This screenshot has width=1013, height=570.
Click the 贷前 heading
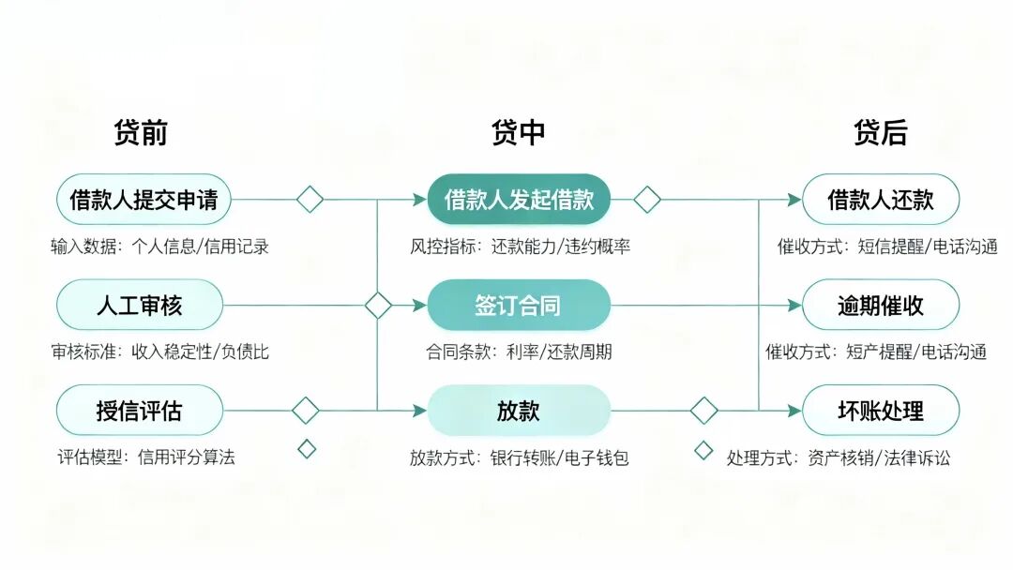141,133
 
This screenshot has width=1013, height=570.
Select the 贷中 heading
518,133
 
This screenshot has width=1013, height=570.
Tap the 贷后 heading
880,133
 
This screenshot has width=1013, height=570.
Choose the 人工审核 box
140,306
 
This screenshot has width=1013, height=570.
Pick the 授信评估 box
140,411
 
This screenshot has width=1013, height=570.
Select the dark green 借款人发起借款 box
519,200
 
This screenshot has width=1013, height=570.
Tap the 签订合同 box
519,306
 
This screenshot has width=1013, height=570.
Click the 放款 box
519,411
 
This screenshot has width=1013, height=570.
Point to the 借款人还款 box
880,200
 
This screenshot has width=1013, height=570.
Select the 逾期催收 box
880,306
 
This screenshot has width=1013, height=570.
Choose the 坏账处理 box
880,411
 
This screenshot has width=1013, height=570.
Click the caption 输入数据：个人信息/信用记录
160,247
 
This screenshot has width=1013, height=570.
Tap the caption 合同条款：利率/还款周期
519,352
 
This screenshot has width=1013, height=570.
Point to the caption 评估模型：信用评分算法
146,457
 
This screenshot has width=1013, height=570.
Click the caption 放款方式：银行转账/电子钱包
519,458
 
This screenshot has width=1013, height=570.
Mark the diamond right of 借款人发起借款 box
646,200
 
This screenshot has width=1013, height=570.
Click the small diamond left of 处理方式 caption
703,450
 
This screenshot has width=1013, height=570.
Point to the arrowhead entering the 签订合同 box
420,306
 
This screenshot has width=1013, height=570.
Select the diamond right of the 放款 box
703,411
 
